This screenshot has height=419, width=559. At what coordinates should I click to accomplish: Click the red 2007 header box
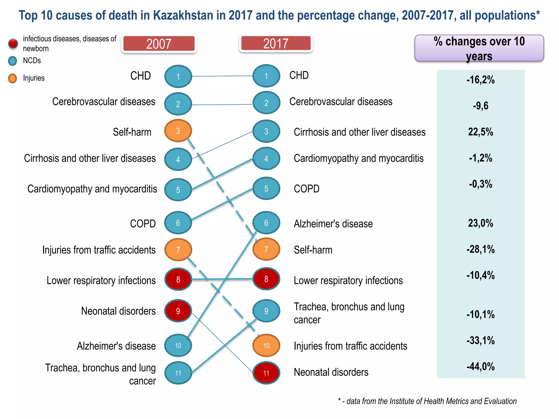159,44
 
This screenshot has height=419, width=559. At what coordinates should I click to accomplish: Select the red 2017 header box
276,43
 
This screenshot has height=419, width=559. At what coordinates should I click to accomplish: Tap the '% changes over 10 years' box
479,48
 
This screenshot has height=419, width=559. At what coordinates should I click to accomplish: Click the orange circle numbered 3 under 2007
178,131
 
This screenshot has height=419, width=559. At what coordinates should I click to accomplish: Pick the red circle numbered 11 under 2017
266,373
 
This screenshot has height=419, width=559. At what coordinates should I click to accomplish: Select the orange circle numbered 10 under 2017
266,346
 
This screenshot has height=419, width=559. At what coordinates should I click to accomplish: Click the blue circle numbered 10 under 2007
178,346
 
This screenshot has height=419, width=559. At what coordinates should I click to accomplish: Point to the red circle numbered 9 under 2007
178,311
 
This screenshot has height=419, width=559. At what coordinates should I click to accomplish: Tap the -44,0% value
480,366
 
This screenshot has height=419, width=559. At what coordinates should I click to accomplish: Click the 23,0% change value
480,223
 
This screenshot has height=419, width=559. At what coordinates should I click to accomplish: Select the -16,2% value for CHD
480,80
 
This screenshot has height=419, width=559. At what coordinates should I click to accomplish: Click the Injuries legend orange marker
13,78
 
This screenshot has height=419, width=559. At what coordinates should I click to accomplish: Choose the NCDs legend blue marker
13,61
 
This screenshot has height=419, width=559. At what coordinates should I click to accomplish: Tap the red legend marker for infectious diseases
13,43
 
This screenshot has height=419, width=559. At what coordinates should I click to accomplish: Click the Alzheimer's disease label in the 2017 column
333,224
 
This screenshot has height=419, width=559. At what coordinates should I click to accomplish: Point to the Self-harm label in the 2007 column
132,132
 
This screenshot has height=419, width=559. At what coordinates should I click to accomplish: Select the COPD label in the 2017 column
307,189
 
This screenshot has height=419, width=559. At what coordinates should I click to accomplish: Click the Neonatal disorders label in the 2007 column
118,311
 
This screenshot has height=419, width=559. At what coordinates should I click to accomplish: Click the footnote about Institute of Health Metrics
427,401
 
